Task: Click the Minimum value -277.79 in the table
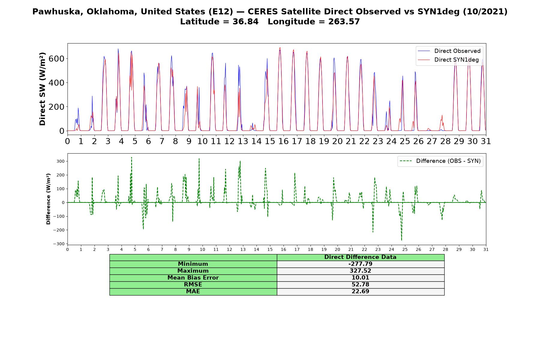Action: pos(360,264)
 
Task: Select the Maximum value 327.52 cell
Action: pos(360,271)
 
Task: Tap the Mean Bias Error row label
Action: pos(193,278)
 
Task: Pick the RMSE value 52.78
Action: pos(360,285)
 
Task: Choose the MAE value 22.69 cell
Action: pos(360,292)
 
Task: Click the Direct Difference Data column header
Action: pos(360,257)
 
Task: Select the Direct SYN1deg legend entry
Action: pos(448,60)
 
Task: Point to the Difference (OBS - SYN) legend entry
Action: pos(440,161)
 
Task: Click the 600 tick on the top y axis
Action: pos(56,58)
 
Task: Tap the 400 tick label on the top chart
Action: pos(56,82)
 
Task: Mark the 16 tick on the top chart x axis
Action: pos(283,141)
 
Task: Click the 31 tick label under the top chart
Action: pos(486,141)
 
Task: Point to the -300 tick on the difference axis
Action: pos(59,244)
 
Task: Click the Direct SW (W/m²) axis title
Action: pos(43,89)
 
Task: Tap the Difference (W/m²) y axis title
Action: pos(48,199)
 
